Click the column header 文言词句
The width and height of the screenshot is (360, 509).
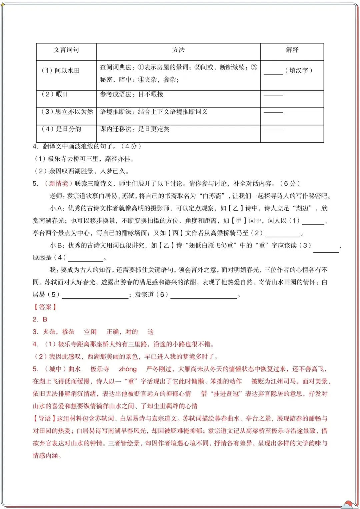66,50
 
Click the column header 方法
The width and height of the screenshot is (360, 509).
178,50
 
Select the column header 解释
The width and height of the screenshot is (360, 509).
292,50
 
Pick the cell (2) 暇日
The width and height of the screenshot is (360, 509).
55,94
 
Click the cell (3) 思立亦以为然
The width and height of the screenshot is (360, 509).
66,112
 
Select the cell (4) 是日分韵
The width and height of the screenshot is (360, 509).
61,129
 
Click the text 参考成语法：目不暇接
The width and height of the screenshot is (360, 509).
132,94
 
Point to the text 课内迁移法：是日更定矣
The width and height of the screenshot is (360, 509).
135,129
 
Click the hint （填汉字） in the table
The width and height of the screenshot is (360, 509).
298,70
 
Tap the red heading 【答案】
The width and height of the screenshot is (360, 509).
45,307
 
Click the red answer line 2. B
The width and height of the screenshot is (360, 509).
40,319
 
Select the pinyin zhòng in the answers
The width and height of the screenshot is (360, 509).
128,369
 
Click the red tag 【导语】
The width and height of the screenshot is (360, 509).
45,419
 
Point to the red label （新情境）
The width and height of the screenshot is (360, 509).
58,184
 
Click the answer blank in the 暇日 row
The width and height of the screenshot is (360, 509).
273,95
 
